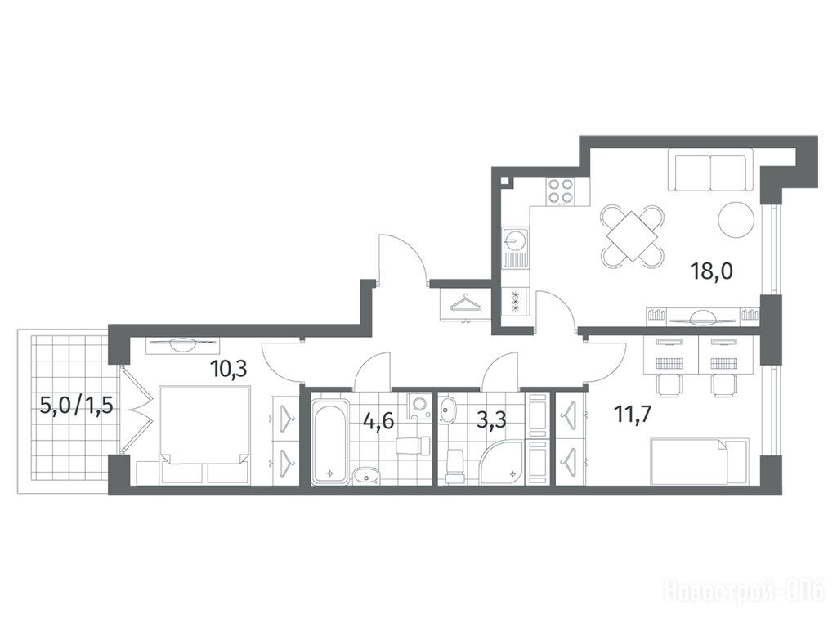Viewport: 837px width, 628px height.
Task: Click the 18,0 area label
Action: tap(712, 271)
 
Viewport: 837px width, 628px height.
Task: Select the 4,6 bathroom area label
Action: tap(378, 421)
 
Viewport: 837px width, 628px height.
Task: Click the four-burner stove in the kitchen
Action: tap(560, 191)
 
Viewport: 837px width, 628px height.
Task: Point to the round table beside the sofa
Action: tap(736, 220)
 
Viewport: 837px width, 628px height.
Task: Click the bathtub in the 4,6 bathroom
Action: tap(331, 438)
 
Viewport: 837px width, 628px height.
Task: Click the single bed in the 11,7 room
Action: tap(700, 461)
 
